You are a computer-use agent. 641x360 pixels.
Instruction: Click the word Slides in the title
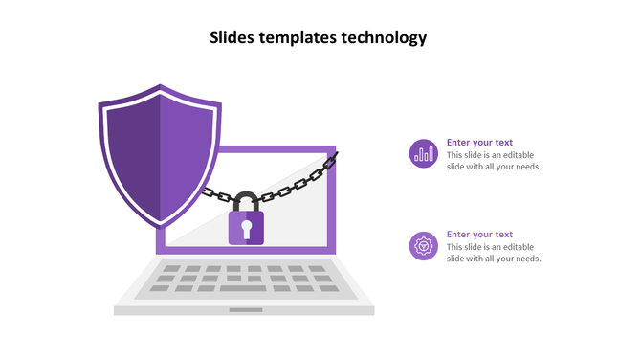pos(232,38)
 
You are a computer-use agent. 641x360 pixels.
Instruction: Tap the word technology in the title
pos(384,38)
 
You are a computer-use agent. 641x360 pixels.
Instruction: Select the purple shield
pos(159,153)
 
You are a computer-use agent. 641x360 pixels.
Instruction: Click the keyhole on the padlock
pos(246,228)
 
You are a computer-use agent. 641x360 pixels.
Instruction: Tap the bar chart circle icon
pos(423,153)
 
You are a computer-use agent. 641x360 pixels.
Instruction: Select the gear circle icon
pos(423,246)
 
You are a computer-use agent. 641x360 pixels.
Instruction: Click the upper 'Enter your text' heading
pos(479,143)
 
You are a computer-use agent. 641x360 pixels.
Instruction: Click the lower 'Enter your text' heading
pos(479,235)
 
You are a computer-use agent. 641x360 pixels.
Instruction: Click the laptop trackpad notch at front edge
pos(245,309)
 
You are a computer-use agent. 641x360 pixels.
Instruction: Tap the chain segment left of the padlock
pos(215,195)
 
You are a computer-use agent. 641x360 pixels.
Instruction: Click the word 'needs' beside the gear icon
pos(526,259)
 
